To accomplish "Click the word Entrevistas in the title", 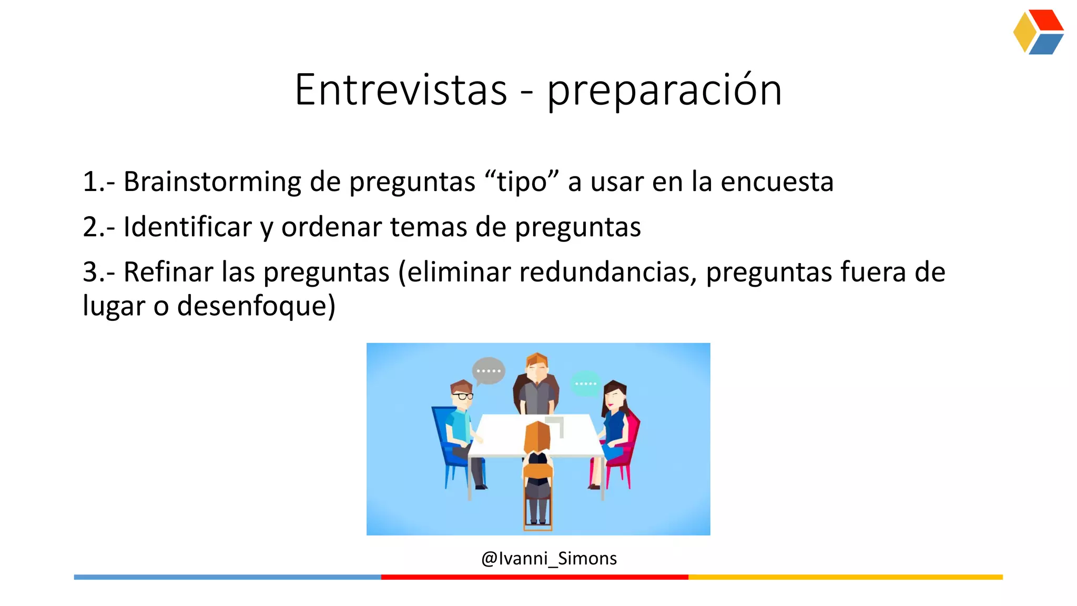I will pos(401,90).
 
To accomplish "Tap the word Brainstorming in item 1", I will pos(212,182).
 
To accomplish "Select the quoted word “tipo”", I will pos(522,182).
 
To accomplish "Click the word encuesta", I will pos(777,182).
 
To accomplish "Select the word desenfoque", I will pos(256,306).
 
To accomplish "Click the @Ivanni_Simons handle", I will pos(549,558).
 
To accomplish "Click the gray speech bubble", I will pos(489,370).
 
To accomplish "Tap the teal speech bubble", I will pos(585,383).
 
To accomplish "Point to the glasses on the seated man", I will pos(462,396).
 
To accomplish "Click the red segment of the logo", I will pos(1046,21).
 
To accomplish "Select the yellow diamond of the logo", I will pos(1024,32).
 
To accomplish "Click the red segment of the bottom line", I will pos(534,577).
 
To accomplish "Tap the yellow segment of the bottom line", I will pos(845,577).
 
